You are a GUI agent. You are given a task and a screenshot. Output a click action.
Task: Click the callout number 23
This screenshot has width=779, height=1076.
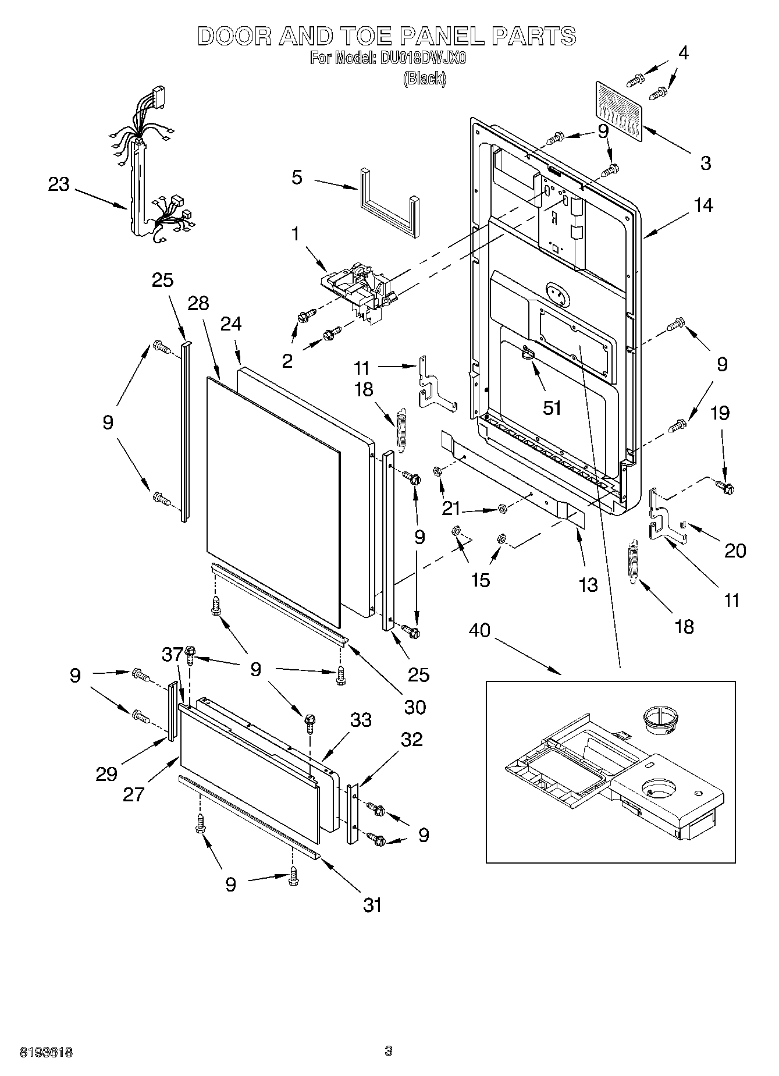click(x=59, y=184)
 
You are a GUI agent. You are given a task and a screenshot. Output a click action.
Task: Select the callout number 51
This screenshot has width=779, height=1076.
click(x=552, y=407)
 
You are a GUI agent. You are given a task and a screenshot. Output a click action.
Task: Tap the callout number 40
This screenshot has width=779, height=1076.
click(x=479, y=630)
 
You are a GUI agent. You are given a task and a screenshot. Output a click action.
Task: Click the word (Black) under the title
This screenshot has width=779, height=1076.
click(x=425, y=79)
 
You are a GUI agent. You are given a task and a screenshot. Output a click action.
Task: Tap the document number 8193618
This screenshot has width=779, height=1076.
click(x=46, y=1052)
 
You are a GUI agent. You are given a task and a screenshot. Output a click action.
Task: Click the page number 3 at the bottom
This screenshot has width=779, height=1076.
click(x=389, y=1051)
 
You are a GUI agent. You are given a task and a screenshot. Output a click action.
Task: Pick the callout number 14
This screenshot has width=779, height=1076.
click(x=703, y=205)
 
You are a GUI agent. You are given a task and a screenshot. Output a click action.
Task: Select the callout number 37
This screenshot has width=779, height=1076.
click(x=172, y=655)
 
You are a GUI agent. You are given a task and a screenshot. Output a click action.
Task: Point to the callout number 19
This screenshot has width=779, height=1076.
click(x=720, y=413)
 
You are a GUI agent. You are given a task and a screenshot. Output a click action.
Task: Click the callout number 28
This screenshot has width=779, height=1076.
click(x=198, y=303)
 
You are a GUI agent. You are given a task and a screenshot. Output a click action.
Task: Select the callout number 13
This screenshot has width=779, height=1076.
click(x=588, y=584)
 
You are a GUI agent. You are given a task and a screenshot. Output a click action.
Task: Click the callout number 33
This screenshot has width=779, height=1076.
click(x=361, y=720)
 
